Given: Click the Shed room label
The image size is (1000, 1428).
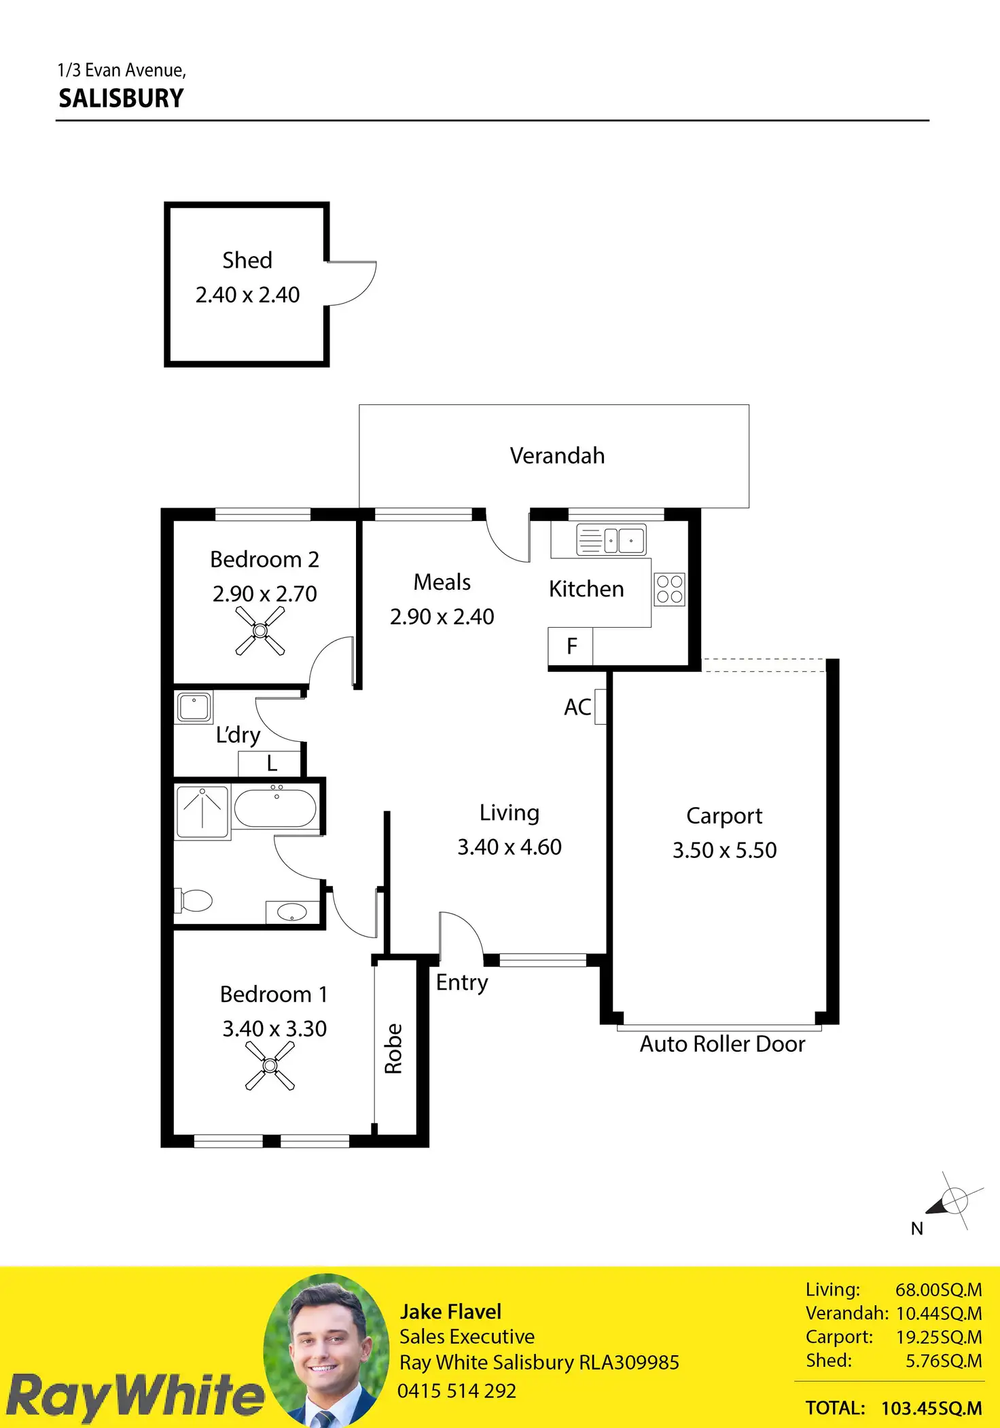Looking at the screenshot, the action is [247, 260].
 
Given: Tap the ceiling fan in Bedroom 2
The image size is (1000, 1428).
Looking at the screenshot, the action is [260, 631].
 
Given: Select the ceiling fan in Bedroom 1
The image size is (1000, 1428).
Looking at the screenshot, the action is [270, 1066].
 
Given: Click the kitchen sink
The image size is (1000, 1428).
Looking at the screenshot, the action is [611, 540].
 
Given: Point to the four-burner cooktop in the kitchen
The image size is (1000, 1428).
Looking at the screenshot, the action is [669, 589].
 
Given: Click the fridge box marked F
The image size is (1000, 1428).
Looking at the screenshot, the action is [571, 645].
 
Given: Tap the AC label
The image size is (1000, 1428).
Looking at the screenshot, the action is [577, 707].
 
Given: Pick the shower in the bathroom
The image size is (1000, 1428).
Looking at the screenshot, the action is [202, 810].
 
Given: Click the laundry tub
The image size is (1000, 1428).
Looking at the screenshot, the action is [194, 707].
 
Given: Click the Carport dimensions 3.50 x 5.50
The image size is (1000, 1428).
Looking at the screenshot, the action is [724, 850].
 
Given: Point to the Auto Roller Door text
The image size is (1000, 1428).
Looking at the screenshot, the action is [722, 1043].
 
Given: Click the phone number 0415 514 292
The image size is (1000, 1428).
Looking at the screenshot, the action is [457, 1391].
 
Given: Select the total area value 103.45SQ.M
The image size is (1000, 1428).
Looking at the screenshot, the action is [931, 1408].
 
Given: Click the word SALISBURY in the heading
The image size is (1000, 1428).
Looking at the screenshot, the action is [121, 99].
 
